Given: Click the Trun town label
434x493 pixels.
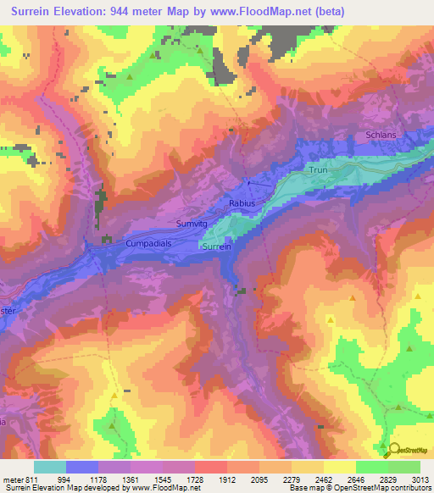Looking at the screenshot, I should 318,170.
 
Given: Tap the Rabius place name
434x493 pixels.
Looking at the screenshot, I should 242,204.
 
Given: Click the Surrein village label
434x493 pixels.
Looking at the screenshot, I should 214,246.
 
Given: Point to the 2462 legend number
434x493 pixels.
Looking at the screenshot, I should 323,479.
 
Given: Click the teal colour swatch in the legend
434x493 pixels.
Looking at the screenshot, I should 50,467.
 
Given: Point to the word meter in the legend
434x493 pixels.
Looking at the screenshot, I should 11,479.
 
